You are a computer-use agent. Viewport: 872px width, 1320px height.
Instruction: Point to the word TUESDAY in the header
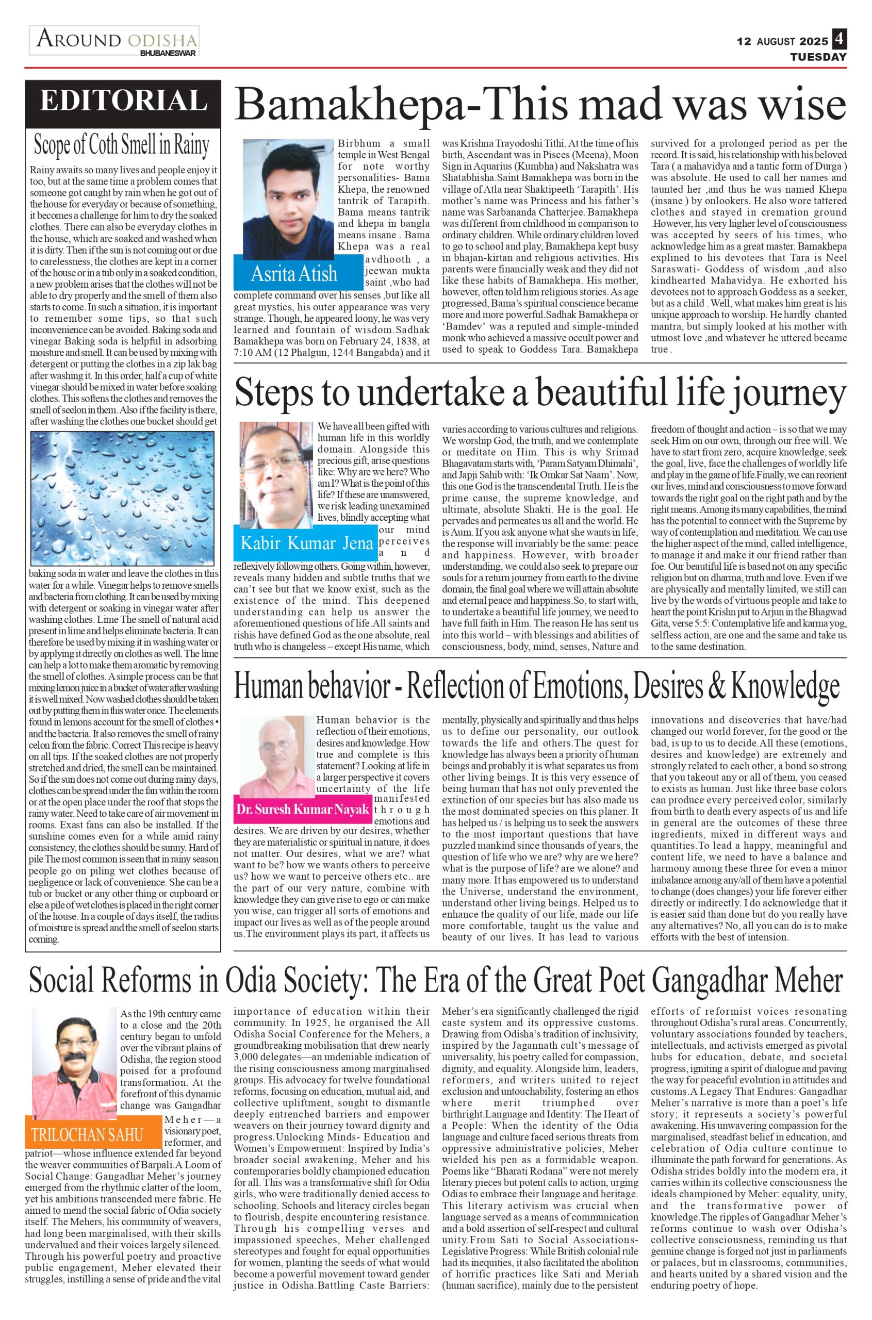[x=818, y=57]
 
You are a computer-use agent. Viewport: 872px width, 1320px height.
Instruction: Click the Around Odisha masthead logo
[x=114, y=41]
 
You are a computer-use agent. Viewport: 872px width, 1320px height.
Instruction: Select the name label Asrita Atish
[x=293, y=273]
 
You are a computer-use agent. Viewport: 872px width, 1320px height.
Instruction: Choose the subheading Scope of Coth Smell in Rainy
[x=122, y=144]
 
